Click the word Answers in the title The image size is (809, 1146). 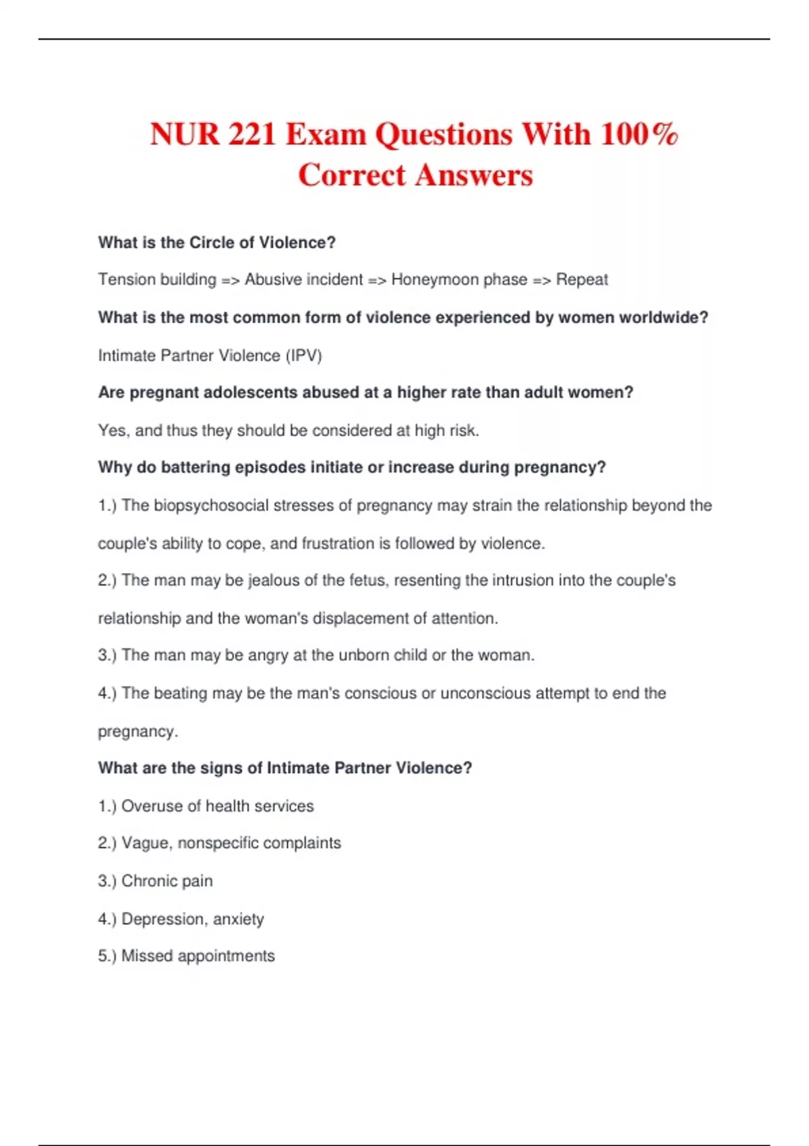474,175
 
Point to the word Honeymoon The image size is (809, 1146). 434,280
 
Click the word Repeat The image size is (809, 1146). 582,280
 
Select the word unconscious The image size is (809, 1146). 485,693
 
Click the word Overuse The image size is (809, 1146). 152,806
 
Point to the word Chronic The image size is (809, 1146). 150,881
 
